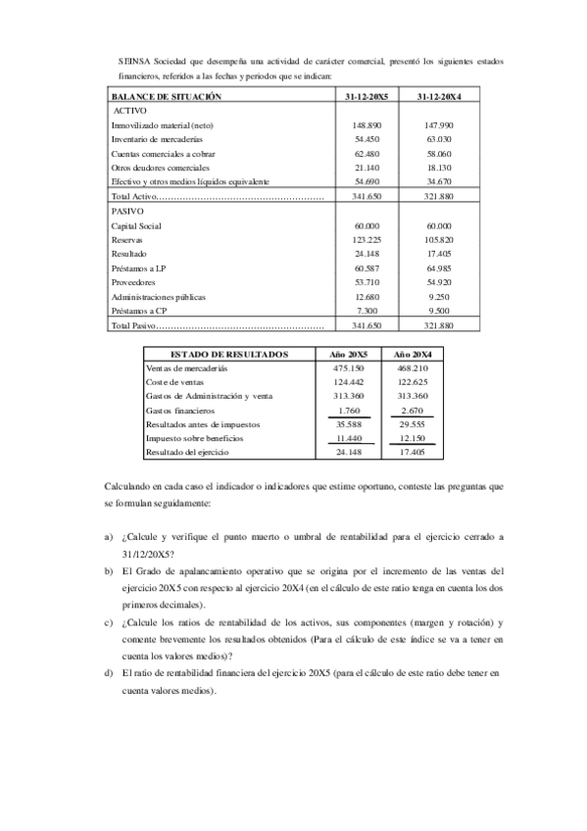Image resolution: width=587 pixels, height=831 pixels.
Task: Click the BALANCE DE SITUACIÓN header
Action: [x=167, y=97]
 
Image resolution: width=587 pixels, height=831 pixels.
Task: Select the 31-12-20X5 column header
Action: [x=366, y=97]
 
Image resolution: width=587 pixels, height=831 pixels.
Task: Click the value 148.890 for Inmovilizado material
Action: [x=366, y=126]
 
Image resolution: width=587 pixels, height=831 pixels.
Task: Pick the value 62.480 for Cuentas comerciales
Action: [x=366, y=154]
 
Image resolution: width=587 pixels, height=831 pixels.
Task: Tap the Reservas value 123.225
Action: [x=366, y=239]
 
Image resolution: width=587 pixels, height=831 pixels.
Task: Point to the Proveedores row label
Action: [x=135, y=281]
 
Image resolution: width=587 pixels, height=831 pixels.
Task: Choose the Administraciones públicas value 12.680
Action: [x=366, y=296]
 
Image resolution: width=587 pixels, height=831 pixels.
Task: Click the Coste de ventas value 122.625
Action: [x=412, y=381]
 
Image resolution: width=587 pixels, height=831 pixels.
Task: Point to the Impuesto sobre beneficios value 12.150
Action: [x=412, y=439]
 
